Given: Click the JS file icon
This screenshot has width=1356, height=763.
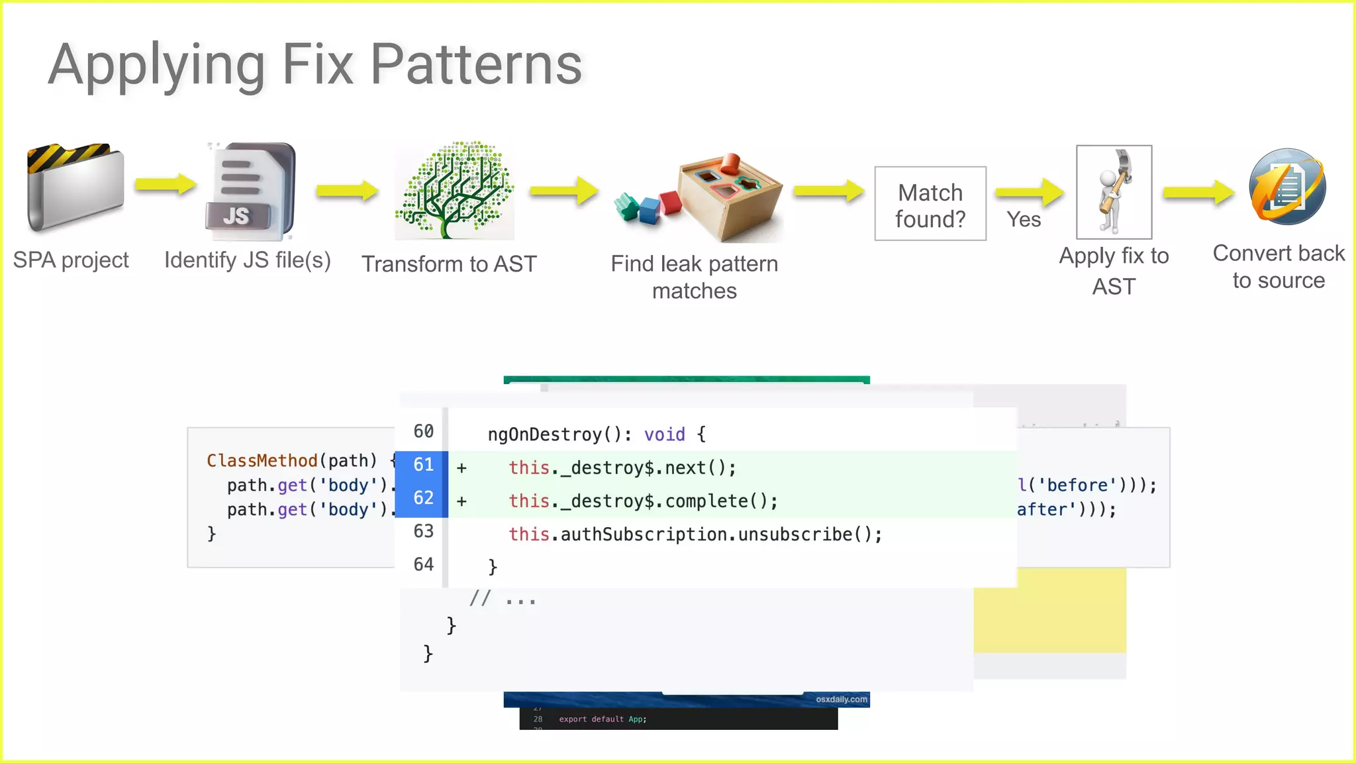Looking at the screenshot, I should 250,191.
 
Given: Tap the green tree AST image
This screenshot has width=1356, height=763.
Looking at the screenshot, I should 455,191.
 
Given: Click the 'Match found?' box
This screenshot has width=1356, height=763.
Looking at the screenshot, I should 930,204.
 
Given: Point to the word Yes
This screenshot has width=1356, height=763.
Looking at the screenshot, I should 1024,219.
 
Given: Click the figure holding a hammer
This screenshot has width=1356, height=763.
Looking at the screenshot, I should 1114,192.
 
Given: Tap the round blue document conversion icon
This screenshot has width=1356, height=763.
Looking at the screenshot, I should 1286,187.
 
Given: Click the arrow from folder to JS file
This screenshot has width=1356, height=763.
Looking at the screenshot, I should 166,184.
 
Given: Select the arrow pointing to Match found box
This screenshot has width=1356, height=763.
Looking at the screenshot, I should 828,191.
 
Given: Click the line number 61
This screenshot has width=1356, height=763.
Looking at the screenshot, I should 423,465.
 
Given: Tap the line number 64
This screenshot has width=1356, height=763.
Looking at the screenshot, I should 423,564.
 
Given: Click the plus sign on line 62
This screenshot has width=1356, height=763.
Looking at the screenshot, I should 461,501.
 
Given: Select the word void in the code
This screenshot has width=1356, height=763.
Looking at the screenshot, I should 664,434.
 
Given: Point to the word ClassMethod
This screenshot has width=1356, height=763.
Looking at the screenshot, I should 262,460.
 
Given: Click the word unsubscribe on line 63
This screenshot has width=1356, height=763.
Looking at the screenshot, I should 795,534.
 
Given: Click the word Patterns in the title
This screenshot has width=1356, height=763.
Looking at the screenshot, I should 475,65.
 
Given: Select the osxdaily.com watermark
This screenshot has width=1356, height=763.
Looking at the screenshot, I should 841,699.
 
